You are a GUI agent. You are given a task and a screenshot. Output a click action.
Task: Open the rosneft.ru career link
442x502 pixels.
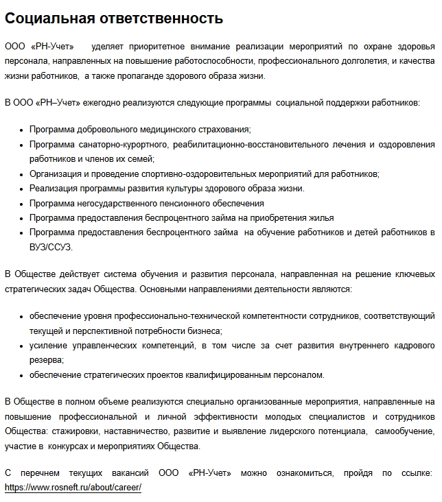click(73, 487)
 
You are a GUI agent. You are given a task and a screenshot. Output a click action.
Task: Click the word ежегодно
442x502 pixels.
click(108, 102)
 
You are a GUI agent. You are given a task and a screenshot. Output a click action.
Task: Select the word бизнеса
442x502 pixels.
click(202, 331)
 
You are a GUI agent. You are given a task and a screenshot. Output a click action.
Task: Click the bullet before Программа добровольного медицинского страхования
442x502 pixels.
click(22, 129)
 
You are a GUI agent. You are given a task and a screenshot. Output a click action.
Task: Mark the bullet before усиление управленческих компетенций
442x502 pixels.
click(22, 345)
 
